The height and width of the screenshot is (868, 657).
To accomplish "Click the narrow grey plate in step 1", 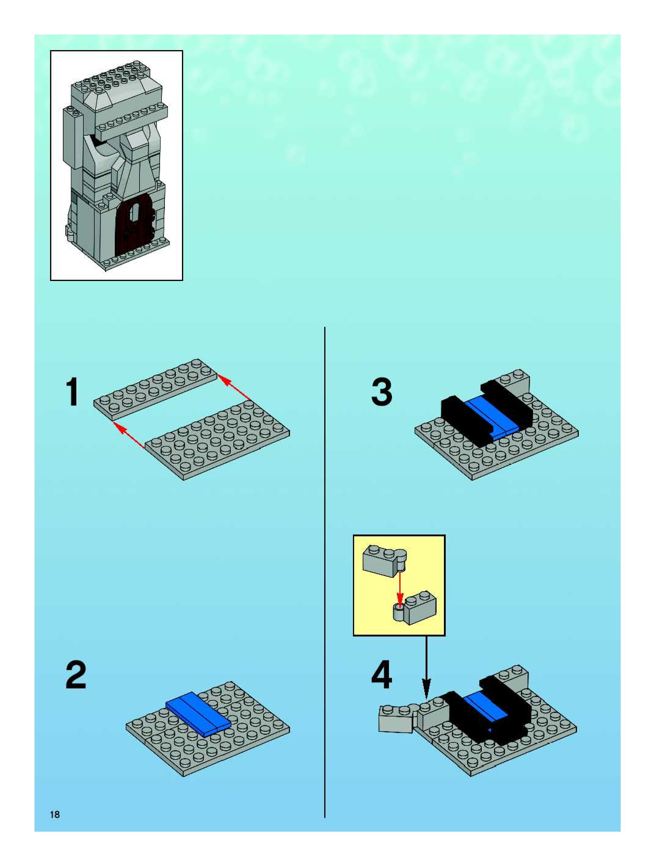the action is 155,388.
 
